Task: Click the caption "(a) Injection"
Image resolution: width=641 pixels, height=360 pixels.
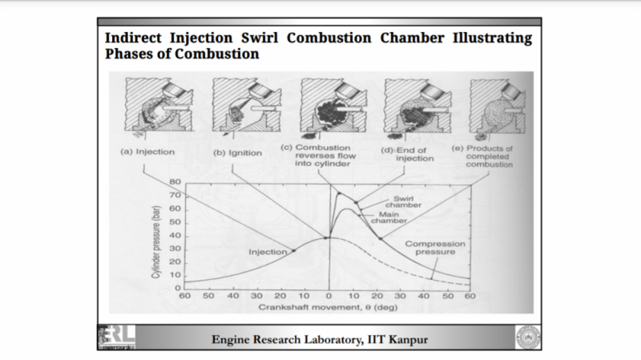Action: point(146,152)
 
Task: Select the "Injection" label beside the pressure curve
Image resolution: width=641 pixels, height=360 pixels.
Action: point(268,252)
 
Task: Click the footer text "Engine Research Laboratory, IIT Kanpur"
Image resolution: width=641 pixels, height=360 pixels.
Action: point(320,339)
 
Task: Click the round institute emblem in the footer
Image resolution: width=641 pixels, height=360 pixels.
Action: point(527,338)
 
